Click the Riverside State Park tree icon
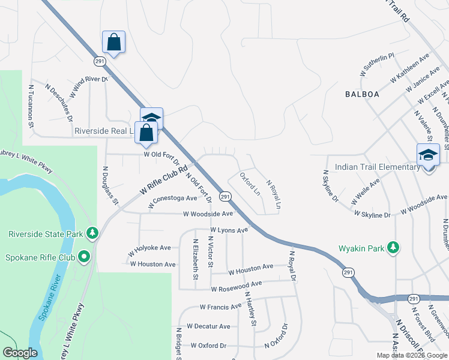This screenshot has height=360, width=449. [92, 232]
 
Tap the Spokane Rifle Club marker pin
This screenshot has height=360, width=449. [83, 257]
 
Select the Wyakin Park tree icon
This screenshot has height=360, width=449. [393, 247]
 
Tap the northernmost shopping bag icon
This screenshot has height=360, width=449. [113, 43]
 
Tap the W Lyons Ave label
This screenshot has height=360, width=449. [229, 230]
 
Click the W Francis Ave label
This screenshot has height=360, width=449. [220, 307]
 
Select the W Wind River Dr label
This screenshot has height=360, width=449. [88, 88]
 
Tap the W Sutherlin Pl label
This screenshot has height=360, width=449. [376, 64]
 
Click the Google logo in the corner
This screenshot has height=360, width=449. [20, 353]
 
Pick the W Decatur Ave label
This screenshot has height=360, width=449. [208, 326]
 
